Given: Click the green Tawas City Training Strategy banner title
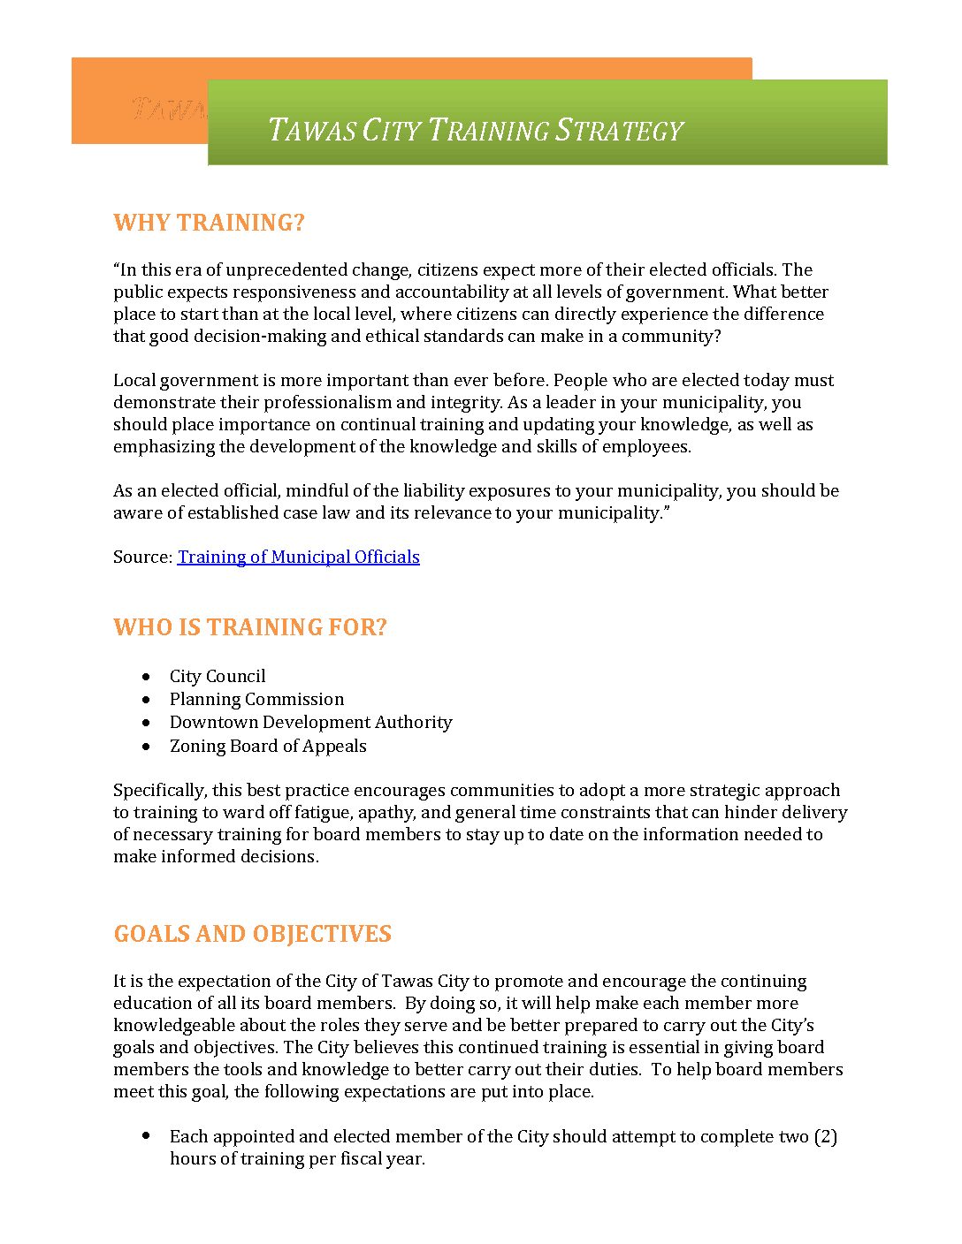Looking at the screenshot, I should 476,131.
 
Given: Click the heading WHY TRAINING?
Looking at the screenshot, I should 209,223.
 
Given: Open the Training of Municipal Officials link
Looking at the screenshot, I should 299,557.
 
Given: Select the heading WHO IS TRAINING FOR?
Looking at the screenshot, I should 250,627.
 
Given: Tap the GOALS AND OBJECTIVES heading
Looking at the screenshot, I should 253,934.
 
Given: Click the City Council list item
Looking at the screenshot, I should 218,676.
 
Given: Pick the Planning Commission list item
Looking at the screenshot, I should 256,699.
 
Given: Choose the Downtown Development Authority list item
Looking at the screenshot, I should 310,722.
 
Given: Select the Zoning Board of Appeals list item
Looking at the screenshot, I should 268,746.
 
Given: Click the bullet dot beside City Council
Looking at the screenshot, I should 146,676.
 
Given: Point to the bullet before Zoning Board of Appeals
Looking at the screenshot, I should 146,746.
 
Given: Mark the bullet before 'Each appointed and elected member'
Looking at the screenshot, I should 146,1135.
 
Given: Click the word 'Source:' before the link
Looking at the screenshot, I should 142,557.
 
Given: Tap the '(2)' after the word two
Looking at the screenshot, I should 825,1136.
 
